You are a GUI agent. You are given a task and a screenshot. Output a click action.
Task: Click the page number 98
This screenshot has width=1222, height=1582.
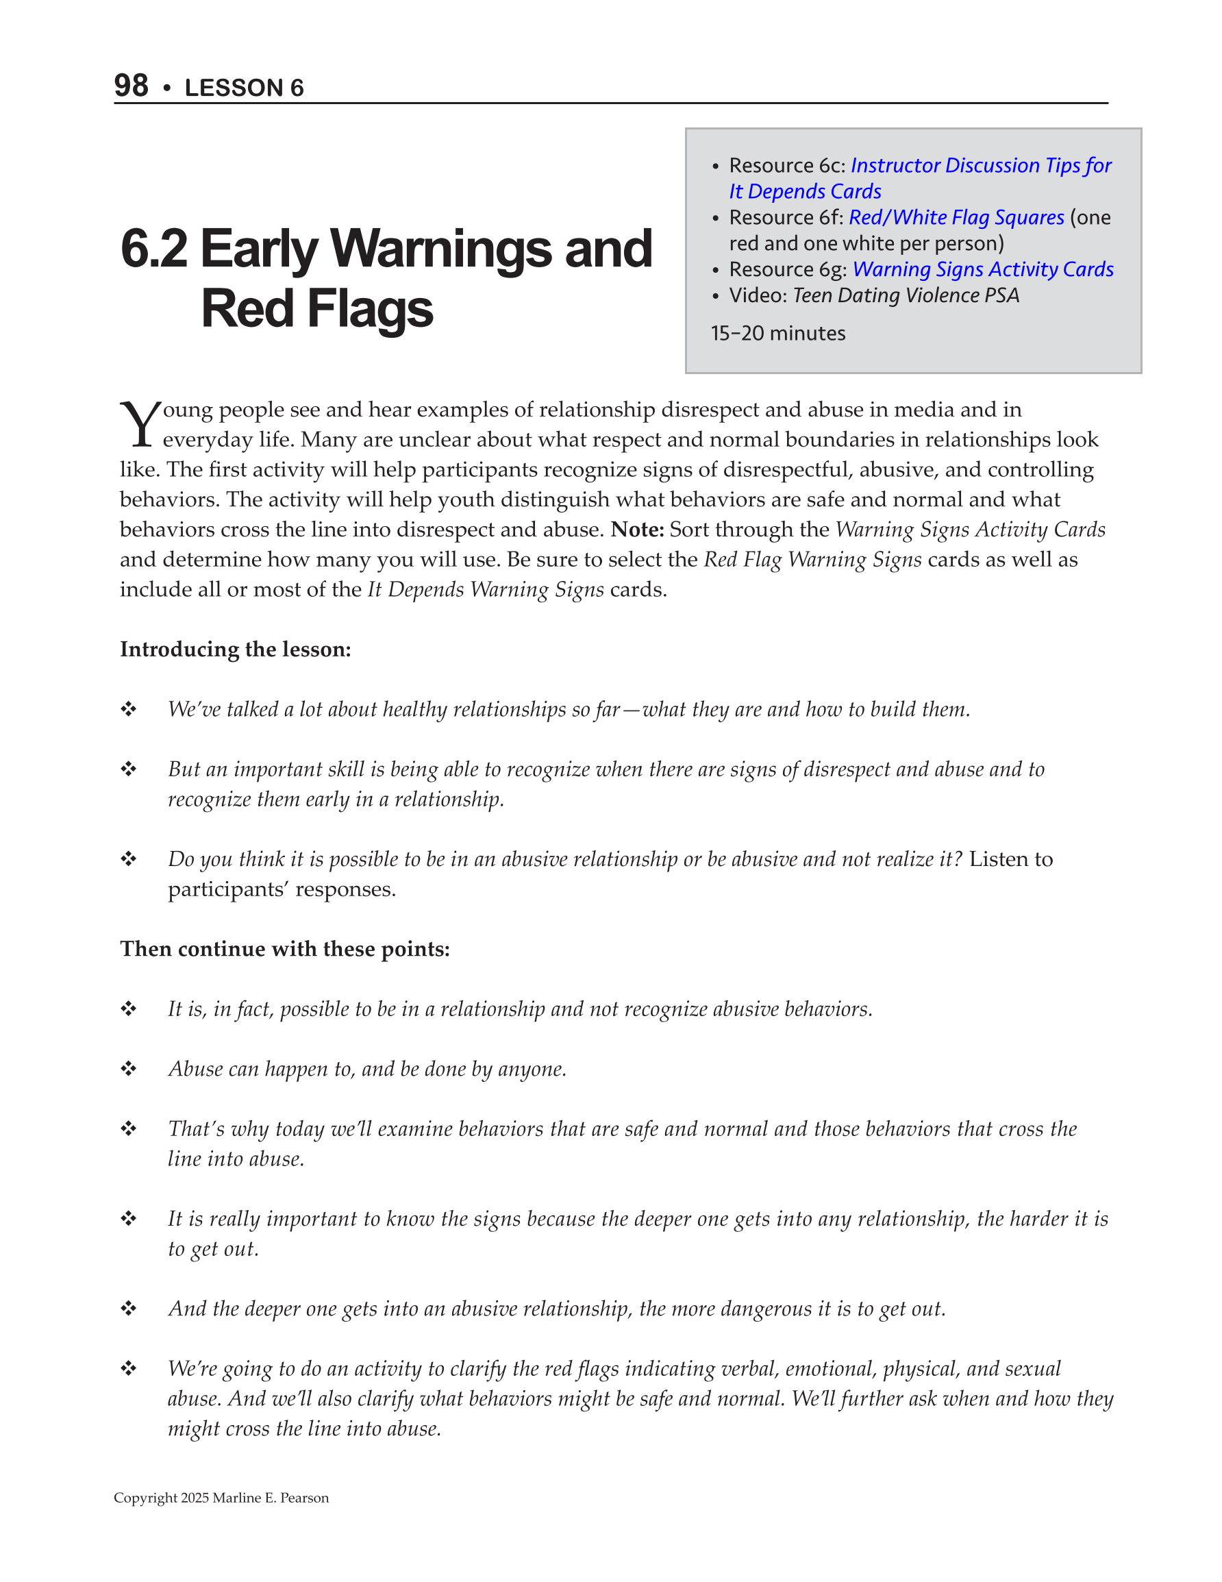[x=131, y=86]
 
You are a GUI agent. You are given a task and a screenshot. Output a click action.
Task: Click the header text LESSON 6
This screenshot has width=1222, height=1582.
[x=244, y=88]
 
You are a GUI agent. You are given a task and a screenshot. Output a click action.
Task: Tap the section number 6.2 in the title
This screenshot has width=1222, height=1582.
[x=153, y=249]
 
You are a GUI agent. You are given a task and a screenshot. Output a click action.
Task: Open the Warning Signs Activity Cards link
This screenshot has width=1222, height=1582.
[x=983, y=269]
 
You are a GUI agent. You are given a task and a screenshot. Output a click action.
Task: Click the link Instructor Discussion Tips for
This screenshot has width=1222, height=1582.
[x=981, y=165]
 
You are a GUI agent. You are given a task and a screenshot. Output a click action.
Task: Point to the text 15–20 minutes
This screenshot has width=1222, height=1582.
[x=778, y=333]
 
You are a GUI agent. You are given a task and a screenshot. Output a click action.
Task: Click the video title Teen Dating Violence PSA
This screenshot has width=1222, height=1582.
[x=906, y=295]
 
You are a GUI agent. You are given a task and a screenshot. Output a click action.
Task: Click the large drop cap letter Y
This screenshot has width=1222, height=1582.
[x=139, y=425]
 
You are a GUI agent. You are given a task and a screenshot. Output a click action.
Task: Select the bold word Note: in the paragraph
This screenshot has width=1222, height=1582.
[x=638, y=530]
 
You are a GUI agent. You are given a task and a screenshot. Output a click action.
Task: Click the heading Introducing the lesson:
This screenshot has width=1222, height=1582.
[x=236, y=649]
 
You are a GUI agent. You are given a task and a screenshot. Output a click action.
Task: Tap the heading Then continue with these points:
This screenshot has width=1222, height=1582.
[x=285, y=949]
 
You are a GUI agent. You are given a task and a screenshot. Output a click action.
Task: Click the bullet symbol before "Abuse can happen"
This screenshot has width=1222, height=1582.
[x=129, y=1068]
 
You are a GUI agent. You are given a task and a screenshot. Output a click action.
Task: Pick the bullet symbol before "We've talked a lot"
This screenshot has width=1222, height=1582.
[x=129, y=708]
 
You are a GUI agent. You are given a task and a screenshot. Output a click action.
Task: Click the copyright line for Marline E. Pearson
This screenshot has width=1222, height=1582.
[x=221, y=1498]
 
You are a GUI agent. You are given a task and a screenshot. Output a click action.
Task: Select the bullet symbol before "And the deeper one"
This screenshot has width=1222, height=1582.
[x=129, y=1308]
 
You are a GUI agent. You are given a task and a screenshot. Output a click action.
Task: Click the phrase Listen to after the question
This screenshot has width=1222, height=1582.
[x=1011, y=859]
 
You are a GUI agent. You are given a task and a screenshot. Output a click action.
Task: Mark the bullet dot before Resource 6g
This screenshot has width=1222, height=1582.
[x=716, y=270]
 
